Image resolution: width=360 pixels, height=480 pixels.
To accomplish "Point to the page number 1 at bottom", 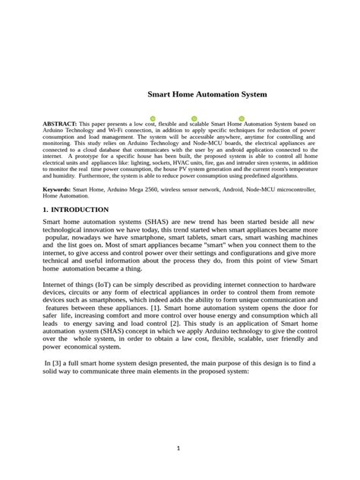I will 178,448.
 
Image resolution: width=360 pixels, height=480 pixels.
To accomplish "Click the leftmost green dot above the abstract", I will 153,118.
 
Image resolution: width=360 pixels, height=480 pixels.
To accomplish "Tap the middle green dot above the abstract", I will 195,118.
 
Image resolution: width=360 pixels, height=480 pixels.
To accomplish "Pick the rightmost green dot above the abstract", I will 242,118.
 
